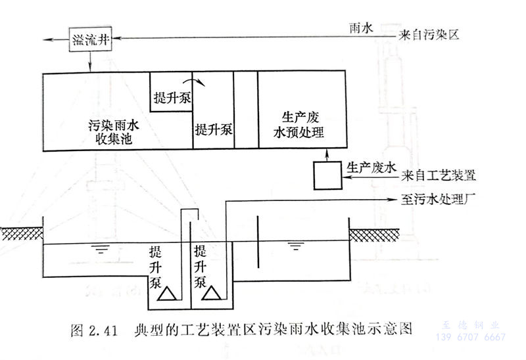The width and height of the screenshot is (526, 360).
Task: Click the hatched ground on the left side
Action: point(20,233)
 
